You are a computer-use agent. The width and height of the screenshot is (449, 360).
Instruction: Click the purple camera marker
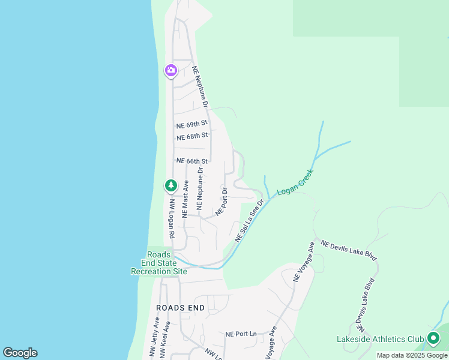click(171, 71)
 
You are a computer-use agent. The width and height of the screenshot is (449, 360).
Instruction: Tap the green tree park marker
click(171, 185)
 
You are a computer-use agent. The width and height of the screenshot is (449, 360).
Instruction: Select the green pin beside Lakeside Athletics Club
click(433, 339)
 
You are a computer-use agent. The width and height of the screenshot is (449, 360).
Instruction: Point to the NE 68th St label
click(191, 136)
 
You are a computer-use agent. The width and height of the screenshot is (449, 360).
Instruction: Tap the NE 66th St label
click(191, 161)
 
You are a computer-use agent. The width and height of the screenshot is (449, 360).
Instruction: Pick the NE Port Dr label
click(221, 202)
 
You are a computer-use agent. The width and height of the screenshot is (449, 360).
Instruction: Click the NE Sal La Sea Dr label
click(250, 222)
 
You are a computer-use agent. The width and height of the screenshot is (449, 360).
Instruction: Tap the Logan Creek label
click(295, 183)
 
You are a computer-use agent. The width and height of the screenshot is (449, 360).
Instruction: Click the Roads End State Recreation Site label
click(159, 263)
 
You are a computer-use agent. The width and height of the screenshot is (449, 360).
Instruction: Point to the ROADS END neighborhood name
click(180, 308)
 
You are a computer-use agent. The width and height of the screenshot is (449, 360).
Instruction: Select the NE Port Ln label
click(241, 334)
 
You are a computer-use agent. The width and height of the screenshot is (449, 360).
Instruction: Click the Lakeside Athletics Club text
click(380, 339)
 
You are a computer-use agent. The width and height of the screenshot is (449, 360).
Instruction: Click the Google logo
click(20, 353)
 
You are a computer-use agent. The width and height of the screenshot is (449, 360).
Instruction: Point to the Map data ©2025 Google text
click(412, 355)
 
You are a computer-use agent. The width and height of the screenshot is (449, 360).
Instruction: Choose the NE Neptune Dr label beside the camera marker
click(200, 86)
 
